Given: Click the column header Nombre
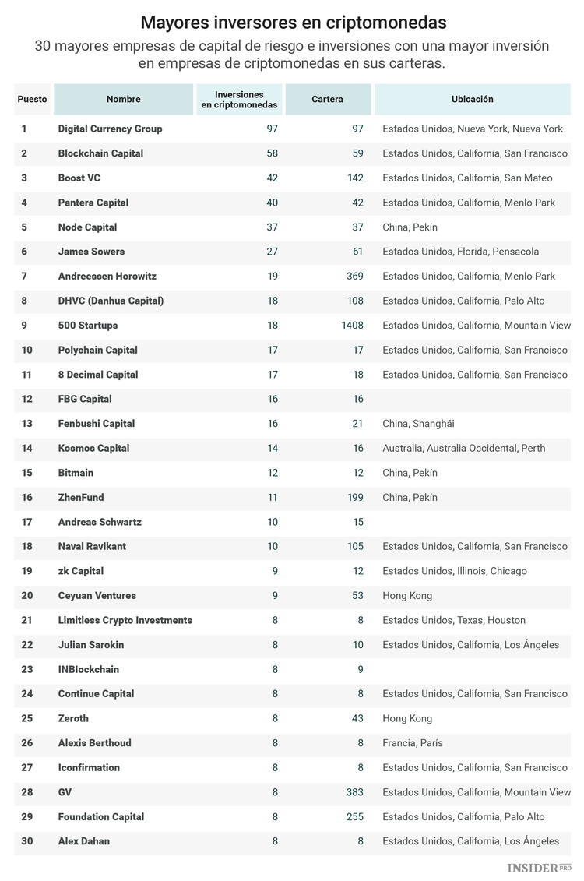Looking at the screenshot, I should coord(123,100).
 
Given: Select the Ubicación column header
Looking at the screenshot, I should coord(472,100).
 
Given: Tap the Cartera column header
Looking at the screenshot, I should coord(327,100).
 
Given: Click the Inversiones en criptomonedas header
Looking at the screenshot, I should coord(239,100).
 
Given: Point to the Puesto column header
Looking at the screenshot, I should coord(32,100).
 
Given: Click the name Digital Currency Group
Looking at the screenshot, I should coord(110,129).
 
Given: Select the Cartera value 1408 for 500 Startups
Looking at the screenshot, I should coord(352,326).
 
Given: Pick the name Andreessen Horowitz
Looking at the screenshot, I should coord(107,277).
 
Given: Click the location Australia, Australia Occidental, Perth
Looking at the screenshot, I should coord(463,449).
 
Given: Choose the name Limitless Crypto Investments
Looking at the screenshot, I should coord(125,621).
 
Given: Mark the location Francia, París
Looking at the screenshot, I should coord(412,743).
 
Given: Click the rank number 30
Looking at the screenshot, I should coord(26,841).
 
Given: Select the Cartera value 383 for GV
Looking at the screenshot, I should coord(355,792).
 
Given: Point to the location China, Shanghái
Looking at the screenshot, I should coord(418,424).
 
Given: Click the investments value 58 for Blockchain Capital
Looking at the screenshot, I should coord(272,153).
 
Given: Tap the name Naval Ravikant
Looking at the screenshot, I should coord(92,547).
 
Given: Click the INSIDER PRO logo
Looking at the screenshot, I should coord(538,868).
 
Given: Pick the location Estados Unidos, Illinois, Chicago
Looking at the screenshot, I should coord(454,571).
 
